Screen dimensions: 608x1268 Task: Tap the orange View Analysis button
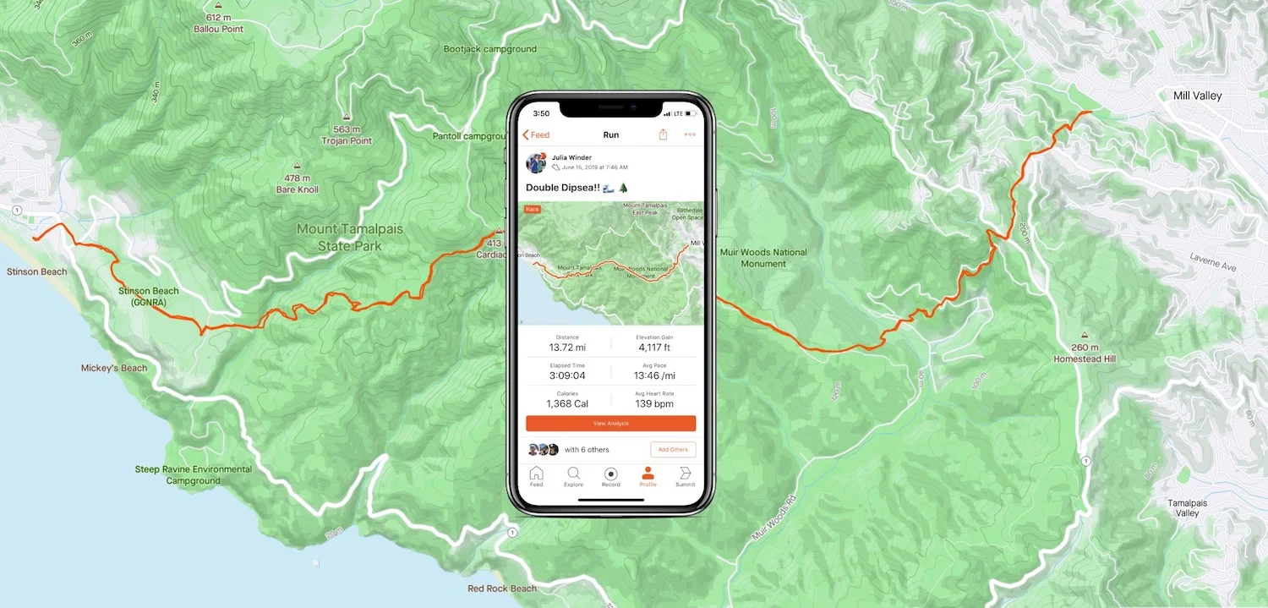610,423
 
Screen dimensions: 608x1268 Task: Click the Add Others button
673,449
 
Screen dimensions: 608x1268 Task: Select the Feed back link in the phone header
536,135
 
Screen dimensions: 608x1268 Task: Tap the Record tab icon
610,474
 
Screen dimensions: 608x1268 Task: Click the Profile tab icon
648,474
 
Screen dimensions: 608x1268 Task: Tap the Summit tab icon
685,474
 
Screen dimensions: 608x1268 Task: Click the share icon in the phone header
663,134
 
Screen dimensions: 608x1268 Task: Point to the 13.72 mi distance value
567,348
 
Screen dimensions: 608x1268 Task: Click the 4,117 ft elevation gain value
654,348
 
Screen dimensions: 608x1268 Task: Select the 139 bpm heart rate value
654,404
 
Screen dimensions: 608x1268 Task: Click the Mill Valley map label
1197,96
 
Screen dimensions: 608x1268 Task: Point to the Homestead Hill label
1085,359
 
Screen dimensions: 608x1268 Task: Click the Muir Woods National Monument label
762,258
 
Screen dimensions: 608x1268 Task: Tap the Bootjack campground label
489,49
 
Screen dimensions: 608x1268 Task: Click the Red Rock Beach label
502,589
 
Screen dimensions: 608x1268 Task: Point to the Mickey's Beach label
114,368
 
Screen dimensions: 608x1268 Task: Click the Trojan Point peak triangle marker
347,118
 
